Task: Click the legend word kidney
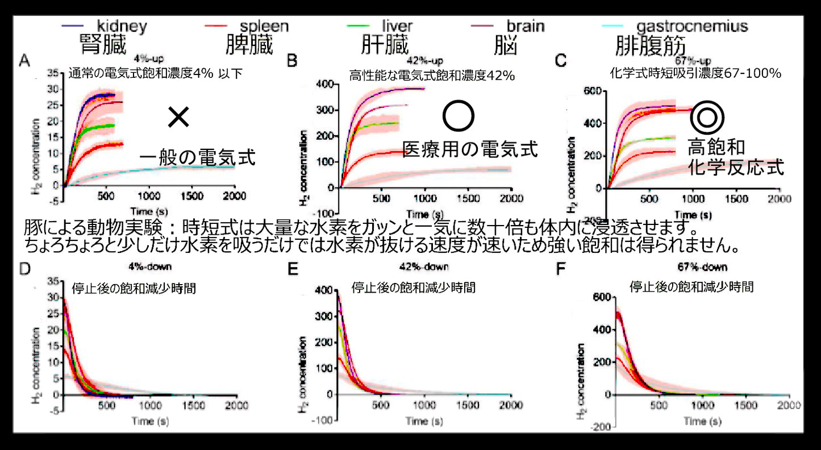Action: pyautogui.click(x=122, y=26)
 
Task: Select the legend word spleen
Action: pyautogui.click(x=264, y=26)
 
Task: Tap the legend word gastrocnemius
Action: pyautogui.click(x=692, y=26)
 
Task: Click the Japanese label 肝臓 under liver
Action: pyautogui.click(x=385, y=45)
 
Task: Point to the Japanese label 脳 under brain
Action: pyautogui.click(x=505, y=45)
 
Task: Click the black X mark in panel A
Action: pyautogui.click(x=178, y=118)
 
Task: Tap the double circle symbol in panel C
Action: pyautogui.click(x=707, y=118)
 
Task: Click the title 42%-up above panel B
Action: pyautogui.click(x=425, y=61)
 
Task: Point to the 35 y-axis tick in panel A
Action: pyautogui.click(x=53, y=73)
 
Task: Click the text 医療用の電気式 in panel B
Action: pyautogui.click(x=470, y=150)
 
